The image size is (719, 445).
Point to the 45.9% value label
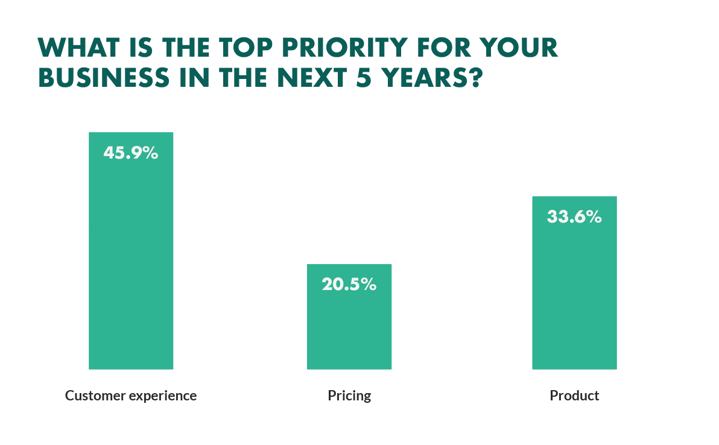tap(131, 153)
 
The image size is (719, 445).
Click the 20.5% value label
tap(349, 285)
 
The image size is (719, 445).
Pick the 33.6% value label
tap(574, 216)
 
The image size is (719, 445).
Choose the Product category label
tap(574, 396)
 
